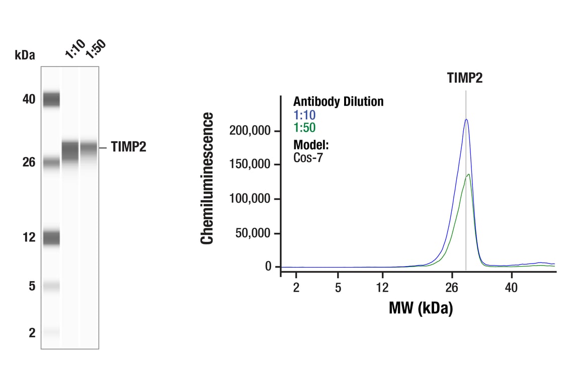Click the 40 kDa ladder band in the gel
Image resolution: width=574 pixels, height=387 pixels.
click(51, 99)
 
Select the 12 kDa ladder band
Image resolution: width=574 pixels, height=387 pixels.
click(51, 237)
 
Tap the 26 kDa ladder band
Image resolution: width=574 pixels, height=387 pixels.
click(51, 163)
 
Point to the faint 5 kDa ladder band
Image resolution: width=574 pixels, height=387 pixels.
click(51, 286)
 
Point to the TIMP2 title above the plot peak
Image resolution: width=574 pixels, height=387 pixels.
click(465, 78)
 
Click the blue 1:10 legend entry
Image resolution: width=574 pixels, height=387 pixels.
click(304, 115)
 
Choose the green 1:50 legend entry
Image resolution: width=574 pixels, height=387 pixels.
click(304, 127)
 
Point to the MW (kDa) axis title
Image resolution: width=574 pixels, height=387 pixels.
click(421, 307)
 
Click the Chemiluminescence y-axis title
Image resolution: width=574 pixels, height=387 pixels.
click(207, 178)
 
